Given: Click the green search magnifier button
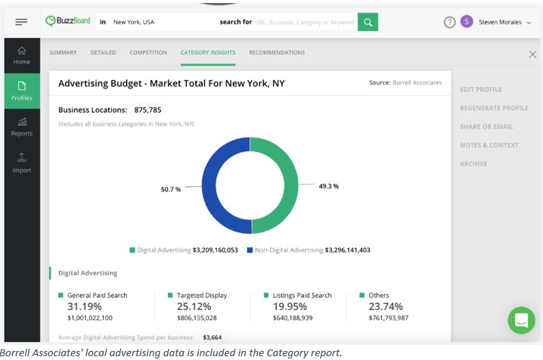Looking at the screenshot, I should (368, 22).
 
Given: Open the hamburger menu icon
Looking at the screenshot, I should (21, 22).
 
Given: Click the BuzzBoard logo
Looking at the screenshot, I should (70, 22).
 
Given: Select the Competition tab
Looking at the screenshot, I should (148, 52).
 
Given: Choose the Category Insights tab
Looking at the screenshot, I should (208, 52).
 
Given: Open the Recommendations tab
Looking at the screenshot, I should (277, 52).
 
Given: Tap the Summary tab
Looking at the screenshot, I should (63, 52).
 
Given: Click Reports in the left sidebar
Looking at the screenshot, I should (22, 126).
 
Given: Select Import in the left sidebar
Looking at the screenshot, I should (22, 162).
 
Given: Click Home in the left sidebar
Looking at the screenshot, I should (22, 54).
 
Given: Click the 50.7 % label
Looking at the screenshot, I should (171, 189).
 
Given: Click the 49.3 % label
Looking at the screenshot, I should (328, 186).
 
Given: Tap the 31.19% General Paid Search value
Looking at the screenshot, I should (85, 306).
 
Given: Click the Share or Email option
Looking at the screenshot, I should (486, 126).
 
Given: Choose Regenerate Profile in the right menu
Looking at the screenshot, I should (494, 108).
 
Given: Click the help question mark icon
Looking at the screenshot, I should (449, 22).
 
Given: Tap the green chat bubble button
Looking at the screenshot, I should (521, 320).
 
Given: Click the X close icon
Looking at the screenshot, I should (532, 54).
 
